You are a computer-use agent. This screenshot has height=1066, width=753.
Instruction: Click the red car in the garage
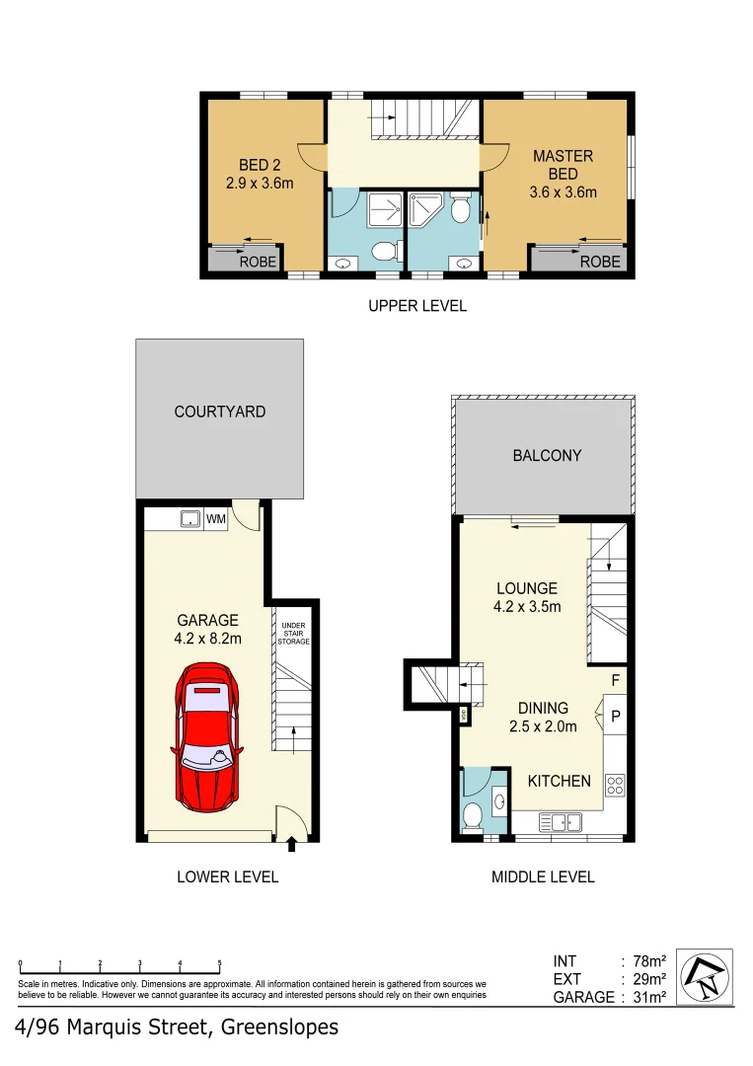[207, 736]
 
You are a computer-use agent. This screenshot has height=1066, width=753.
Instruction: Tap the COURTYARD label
[220, 412]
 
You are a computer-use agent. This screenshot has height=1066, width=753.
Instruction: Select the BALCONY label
[547, 456]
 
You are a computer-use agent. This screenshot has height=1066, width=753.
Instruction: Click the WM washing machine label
[215, 519]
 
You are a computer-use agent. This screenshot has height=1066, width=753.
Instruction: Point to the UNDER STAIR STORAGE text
[294, 634]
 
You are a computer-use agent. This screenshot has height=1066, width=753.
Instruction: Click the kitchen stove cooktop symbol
[615, 786]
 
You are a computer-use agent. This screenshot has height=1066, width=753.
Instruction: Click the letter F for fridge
[615, 680]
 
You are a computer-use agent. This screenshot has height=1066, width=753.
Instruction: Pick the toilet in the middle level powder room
[472, 816]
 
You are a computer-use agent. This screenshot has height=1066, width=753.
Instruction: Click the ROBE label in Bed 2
[258, 262]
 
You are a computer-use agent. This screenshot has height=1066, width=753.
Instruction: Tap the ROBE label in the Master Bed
[600, 262]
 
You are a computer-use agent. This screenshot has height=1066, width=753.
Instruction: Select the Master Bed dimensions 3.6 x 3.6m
[563, 192]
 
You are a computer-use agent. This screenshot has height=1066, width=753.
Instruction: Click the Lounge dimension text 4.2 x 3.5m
[527, 607]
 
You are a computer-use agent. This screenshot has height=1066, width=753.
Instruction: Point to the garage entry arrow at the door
[291, 845]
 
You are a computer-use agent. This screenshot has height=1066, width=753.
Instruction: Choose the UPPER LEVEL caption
[417, 306]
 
